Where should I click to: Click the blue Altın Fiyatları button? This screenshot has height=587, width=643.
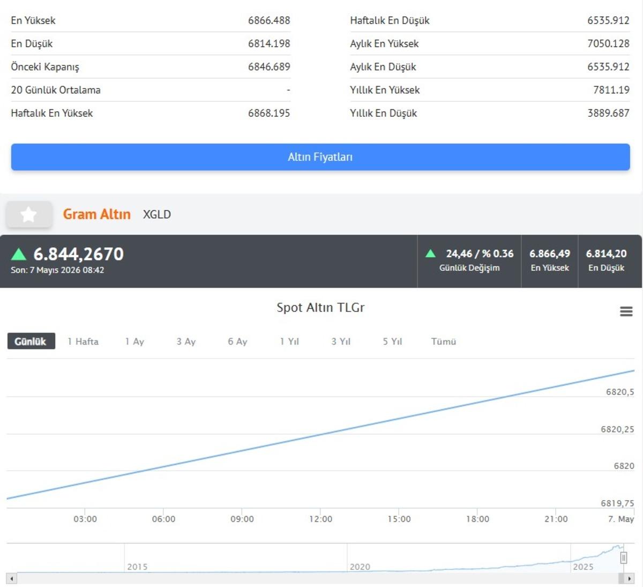point(320,157)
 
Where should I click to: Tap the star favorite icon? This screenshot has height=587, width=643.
point(28,214)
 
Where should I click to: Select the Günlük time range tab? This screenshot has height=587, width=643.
point(31,341)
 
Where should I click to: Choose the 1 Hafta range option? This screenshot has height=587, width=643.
point(83,341)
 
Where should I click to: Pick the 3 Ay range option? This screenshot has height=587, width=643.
point(186,341)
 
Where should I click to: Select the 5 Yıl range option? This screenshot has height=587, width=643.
point(392,341)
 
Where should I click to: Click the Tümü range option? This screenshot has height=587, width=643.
point(444,341)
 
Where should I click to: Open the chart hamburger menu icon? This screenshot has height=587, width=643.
point(626,311)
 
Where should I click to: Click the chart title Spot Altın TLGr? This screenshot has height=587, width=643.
point(320,307)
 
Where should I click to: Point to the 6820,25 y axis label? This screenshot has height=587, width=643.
point(617,429)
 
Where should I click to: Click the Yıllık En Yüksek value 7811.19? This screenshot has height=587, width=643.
point(611,90)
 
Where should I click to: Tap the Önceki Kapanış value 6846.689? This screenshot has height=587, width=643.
point(269,66)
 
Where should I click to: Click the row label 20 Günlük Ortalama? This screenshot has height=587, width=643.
point(56,90)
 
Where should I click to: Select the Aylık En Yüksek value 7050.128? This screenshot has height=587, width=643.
point(608,43)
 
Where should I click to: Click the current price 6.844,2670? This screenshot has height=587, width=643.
point(79,254)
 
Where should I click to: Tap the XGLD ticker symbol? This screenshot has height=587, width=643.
point(157,214)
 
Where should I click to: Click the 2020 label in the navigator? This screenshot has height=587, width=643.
point(360,567)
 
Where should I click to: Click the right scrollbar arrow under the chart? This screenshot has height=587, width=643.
point(630,578)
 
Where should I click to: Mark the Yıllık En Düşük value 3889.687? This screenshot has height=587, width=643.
point(608,113)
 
